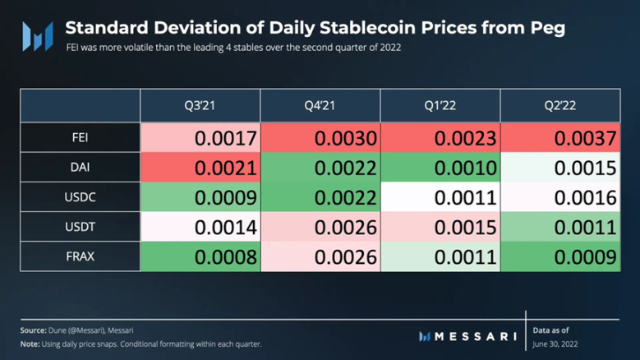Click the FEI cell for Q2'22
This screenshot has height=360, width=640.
560,138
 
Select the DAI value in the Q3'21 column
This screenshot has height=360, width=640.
200,168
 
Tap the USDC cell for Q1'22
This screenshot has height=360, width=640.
440,197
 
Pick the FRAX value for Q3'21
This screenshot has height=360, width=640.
200,256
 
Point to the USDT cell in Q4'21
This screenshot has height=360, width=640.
320,227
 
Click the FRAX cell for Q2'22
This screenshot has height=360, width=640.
560,256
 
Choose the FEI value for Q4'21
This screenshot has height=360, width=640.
320,138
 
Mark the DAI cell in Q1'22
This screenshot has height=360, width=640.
440,168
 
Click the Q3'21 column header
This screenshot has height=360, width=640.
200,106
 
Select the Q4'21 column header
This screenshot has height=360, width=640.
320,106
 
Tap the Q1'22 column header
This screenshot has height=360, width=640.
440,106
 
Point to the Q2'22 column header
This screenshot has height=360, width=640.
560,106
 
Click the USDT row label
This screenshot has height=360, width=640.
80,227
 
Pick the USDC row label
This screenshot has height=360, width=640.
80,197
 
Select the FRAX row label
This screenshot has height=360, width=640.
80,256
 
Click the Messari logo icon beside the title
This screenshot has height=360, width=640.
38,36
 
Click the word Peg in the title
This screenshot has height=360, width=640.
546,28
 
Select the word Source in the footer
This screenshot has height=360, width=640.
33,330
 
